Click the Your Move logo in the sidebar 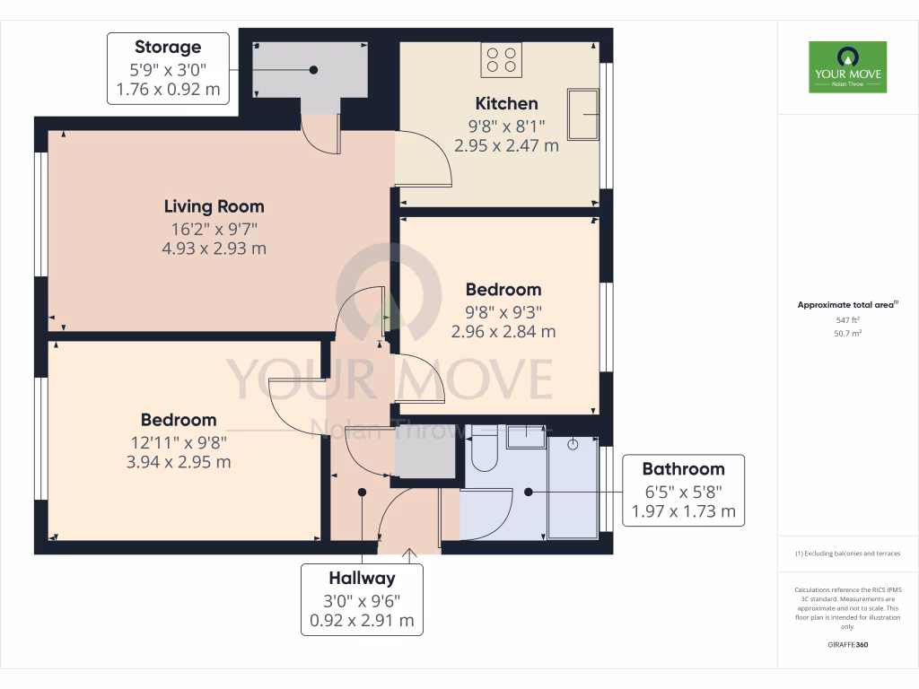(x=847, y=66)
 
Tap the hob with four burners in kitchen (x=502, y=59)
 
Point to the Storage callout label (x=168, y=68)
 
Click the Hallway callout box (x=362, y=599)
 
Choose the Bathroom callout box (x=683, y=490)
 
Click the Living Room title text (x=214, y=206)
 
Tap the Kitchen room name (x=506, y=103)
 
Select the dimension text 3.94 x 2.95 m (x=179, y=462)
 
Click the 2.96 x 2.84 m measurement (x=503, y=331)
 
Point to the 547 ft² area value (x=847, y=319)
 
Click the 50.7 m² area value (x=847, y=333)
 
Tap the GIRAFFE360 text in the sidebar (x=847, y=645)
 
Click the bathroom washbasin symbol (x=525, y=437)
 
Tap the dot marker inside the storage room (x=313, y=70)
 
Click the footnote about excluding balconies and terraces (x=847, y=554)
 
